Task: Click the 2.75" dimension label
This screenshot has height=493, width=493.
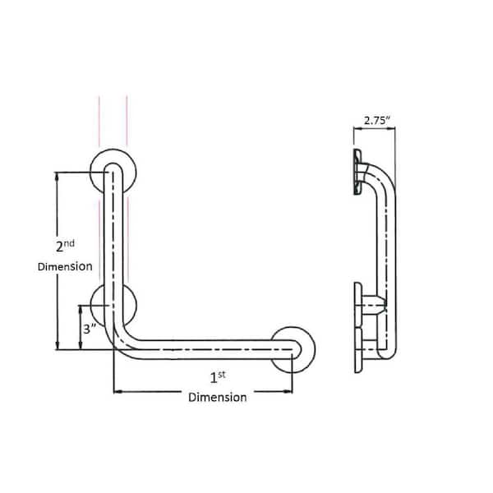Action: tap(374, 120)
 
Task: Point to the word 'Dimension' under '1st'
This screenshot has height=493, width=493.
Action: tap(217, 398)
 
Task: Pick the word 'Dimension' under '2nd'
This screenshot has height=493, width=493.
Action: tap(65, 267)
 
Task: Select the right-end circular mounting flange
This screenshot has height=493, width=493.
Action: tap(293, 348)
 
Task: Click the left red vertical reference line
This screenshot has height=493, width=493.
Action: tap(100, 123)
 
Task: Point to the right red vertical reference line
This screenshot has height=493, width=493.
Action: tap(127, 123)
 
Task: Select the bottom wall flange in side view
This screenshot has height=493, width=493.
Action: tap(358, 329)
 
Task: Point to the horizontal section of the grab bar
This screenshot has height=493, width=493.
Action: tap(205, 350)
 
